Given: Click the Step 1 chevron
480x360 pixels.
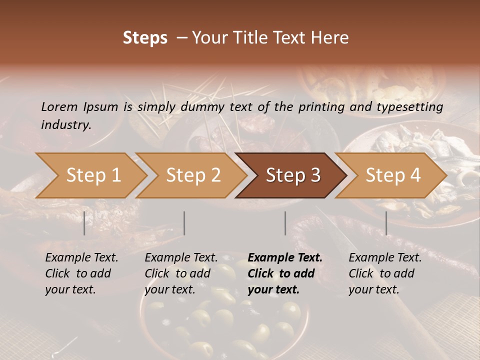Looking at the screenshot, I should (x=93, y=175).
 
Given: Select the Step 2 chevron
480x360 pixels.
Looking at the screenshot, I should (x=193, y=175).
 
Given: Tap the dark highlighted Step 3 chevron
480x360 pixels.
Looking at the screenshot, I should (x=292, y=175).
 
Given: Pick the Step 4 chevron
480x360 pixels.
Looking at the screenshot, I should (x=392, y=175).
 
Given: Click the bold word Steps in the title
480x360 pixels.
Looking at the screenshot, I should (x=145, y=38).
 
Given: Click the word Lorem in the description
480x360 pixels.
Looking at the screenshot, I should (x=59, y=107).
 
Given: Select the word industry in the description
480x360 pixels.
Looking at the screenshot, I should (x=65, y=125).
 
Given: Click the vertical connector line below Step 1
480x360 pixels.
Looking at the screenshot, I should (x=84, y=223).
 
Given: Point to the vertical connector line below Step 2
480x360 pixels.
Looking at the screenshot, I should (x=184, y=223).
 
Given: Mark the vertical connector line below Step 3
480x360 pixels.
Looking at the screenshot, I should (x=285, y=223).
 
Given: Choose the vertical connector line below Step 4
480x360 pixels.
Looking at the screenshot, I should (x=386, y=223).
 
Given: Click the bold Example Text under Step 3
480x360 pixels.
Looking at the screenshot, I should (x=285, y=258).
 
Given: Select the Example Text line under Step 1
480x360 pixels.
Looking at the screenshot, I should (x=81, y=258).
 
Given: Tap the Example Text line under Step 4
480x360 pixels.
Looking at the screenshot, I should (x=385, y=258).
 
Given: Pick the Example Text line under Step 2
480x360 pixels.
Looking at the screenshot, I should (x=181, y=258).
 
